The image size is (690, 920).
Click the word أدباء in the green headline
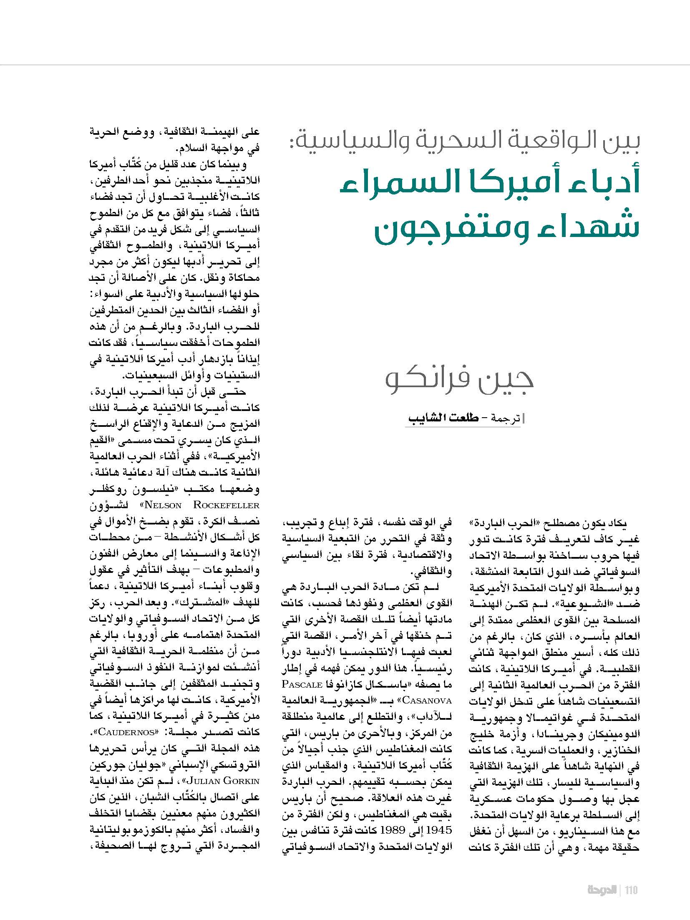(607, 183)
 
